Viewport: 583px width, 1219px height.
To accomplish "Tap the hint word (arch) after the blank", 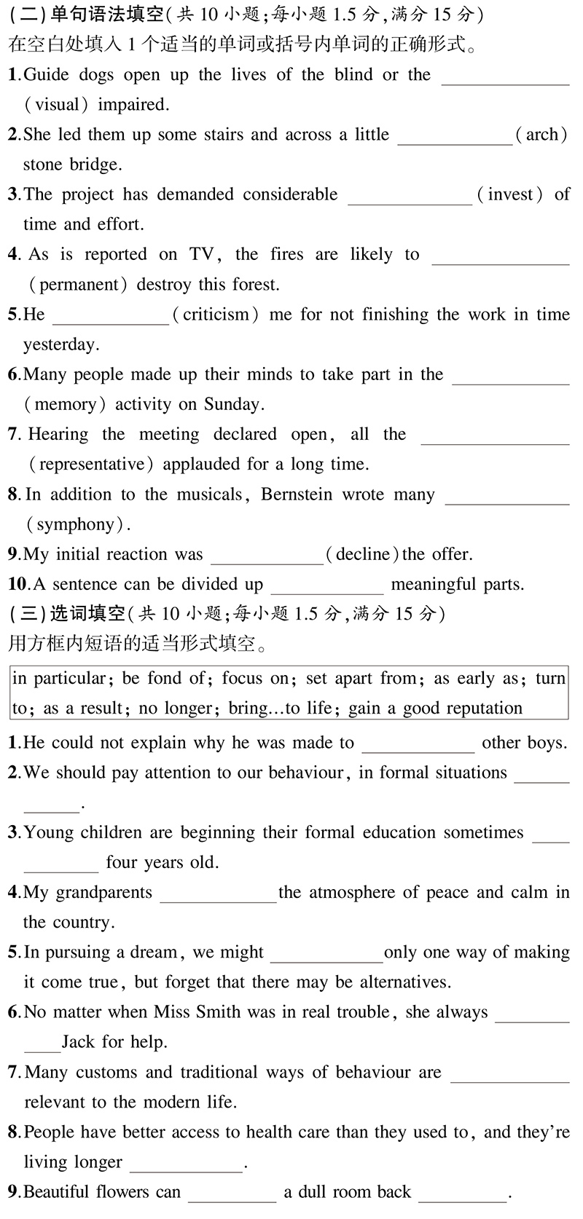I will click(541, 135).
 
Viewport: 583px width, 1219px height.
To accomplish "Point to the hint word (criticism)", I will click(215, 315).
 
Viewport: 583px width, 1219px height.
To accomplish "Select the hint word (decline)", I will click(361, 555).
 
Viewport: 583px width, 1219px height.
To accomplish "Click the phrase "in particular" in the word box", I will click(59, 679).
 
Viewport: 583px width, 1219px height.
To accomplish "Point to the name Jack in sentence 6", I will click(79, 1043).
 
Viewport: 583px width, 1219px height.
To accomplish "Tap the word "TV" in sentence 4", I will click(201, 255).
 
